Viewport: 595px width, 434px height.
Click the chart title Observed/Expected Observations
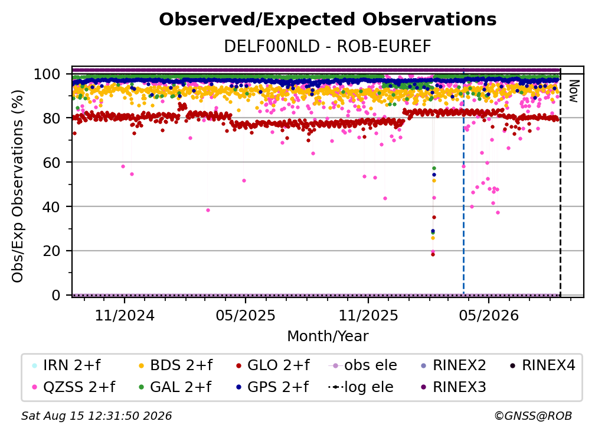[328, 20]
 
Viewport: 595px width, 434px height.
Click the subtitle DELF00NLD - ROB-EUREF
[328, 46]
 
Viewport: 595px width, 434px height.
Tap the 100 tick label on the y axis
[47, 74]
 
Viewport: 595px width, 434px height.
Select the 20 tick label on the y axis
[52, 251]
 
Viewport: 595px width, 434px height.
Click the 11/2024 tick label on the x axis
[125, 315]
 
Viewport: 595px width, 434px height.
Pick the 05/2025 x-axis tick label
[246, 315]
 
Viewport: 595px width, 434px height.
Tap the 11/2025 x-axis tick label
[368, 315]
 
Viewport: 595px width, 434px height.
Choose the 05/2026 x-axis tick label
[489, 315]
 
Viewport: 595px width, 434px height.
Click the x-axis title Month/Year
[328, 336]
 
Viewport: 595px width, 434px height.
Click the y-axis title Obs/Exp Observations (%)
[18, 186]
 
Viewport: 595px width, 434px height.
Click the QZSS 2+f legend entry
[74, 387]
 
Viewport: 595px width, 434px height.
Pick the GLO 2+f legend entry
[273, 365]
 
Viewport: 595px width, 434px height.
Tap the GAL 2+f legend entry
[175, 387]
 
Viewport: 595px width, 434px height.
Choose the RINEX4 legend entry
[542, 365]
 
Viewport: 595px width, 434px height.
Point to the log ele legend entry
[361, 387]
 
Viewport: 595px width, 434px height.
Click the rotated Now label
[573, 91]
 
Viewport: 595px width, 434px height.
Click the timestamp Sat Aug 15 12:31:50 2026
[96, 416]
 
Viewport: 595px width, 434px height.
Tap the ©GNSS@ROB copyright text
[533, 416]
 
